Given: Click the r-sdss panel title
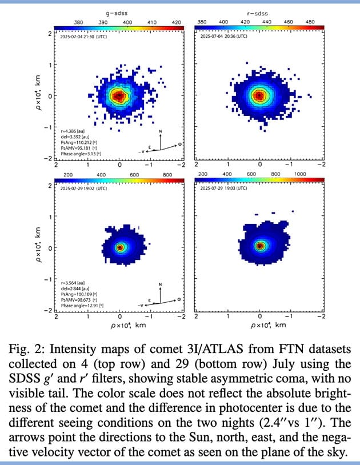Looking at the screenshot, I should [x=259, y=12].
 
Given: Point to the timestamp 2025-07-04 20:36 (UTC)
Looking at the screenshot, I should [x=223, y=36].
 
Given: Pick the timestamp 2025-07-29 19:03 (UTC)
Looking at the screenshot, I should [x=223, y=188].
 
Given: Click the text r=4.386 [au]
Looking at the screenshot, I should [x=72, y=131].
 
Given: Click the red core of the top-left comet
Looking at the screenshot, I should [x=119, y=95].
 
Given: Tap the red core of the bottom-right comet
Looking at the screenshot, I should [x=260, y=246].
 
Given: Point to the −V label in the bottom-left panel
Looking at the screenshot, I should [x=141, y=306].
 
